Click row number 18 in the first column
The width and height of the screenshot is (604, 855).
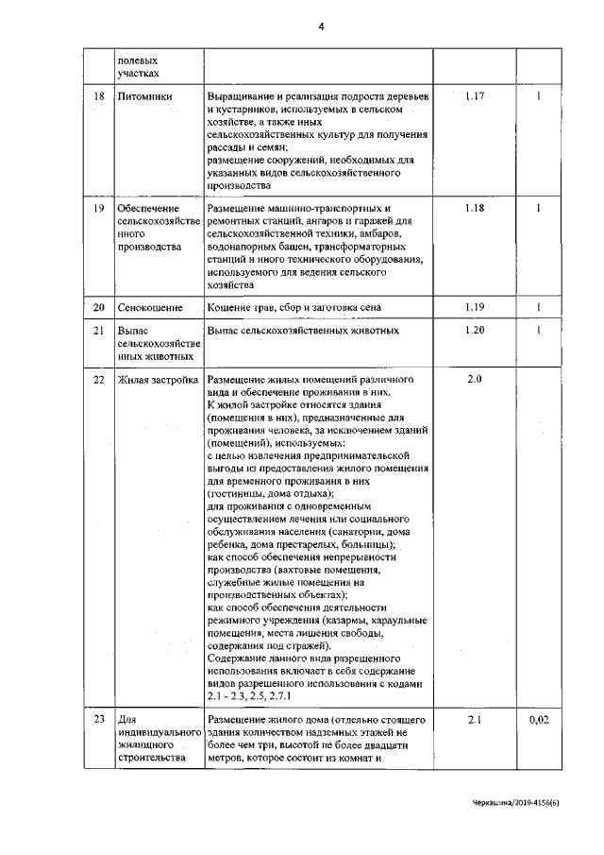(99, 97)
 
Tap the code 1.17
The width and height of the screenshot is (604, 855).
(475, 96)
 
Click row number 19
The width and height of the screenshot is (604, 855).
(99, 208)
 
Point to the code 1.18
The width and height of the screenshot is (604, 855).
(475, 207)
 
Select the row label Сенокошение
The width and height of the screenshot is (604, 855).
(149, 307)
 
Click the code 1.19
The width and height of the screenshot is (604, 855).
(475, 306)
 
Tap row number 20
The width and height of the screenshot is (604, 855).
(99, 307)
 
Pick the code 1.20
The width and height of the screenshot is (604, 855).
(475, 331)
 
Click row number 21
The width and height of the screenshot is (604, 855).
(99, 332)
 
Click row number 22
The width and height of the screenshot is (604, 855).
(99, 380)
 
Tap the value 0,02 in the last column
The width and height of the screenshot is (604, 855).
(538, 720)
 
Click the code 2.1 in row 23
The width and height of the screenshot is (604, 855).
(475, 720)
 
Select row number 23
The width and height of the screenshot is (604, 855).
(99, 721)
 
